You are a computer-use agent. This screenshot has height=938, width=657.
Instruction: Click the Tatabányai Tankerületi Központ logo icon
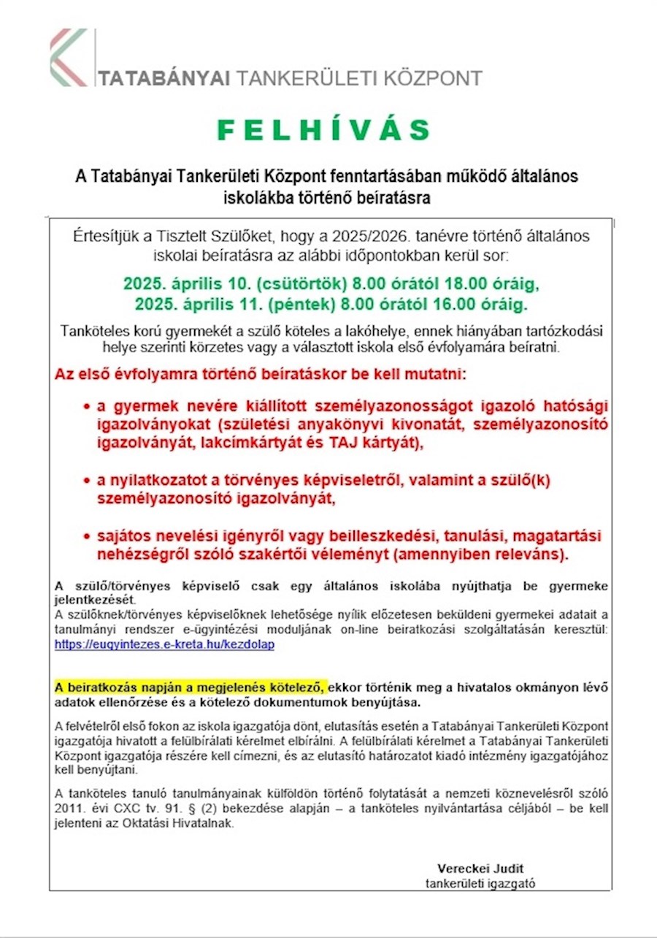click(x=69, y=57)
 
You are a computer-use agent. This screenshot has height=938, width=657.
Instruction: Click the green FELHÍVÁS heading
click(x=325, y=130)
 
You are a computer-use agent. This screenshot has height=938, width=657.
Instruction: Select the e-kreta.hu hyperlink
click(x=164, y=645)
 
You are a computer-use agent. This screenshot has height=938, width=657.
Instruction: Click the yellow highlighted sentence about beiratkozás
click(x=191, y=687)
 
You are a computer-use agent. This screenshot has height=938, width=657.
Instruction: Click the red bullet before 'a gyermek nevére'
click(x=88, y=406)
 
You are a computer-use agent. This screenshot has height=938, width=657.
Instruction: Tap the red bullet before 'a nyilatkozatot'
click(x=88, y=481)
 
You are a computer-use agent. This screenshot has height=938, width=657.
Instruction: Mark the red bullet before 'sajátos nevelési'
click(x=88, y=537)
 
